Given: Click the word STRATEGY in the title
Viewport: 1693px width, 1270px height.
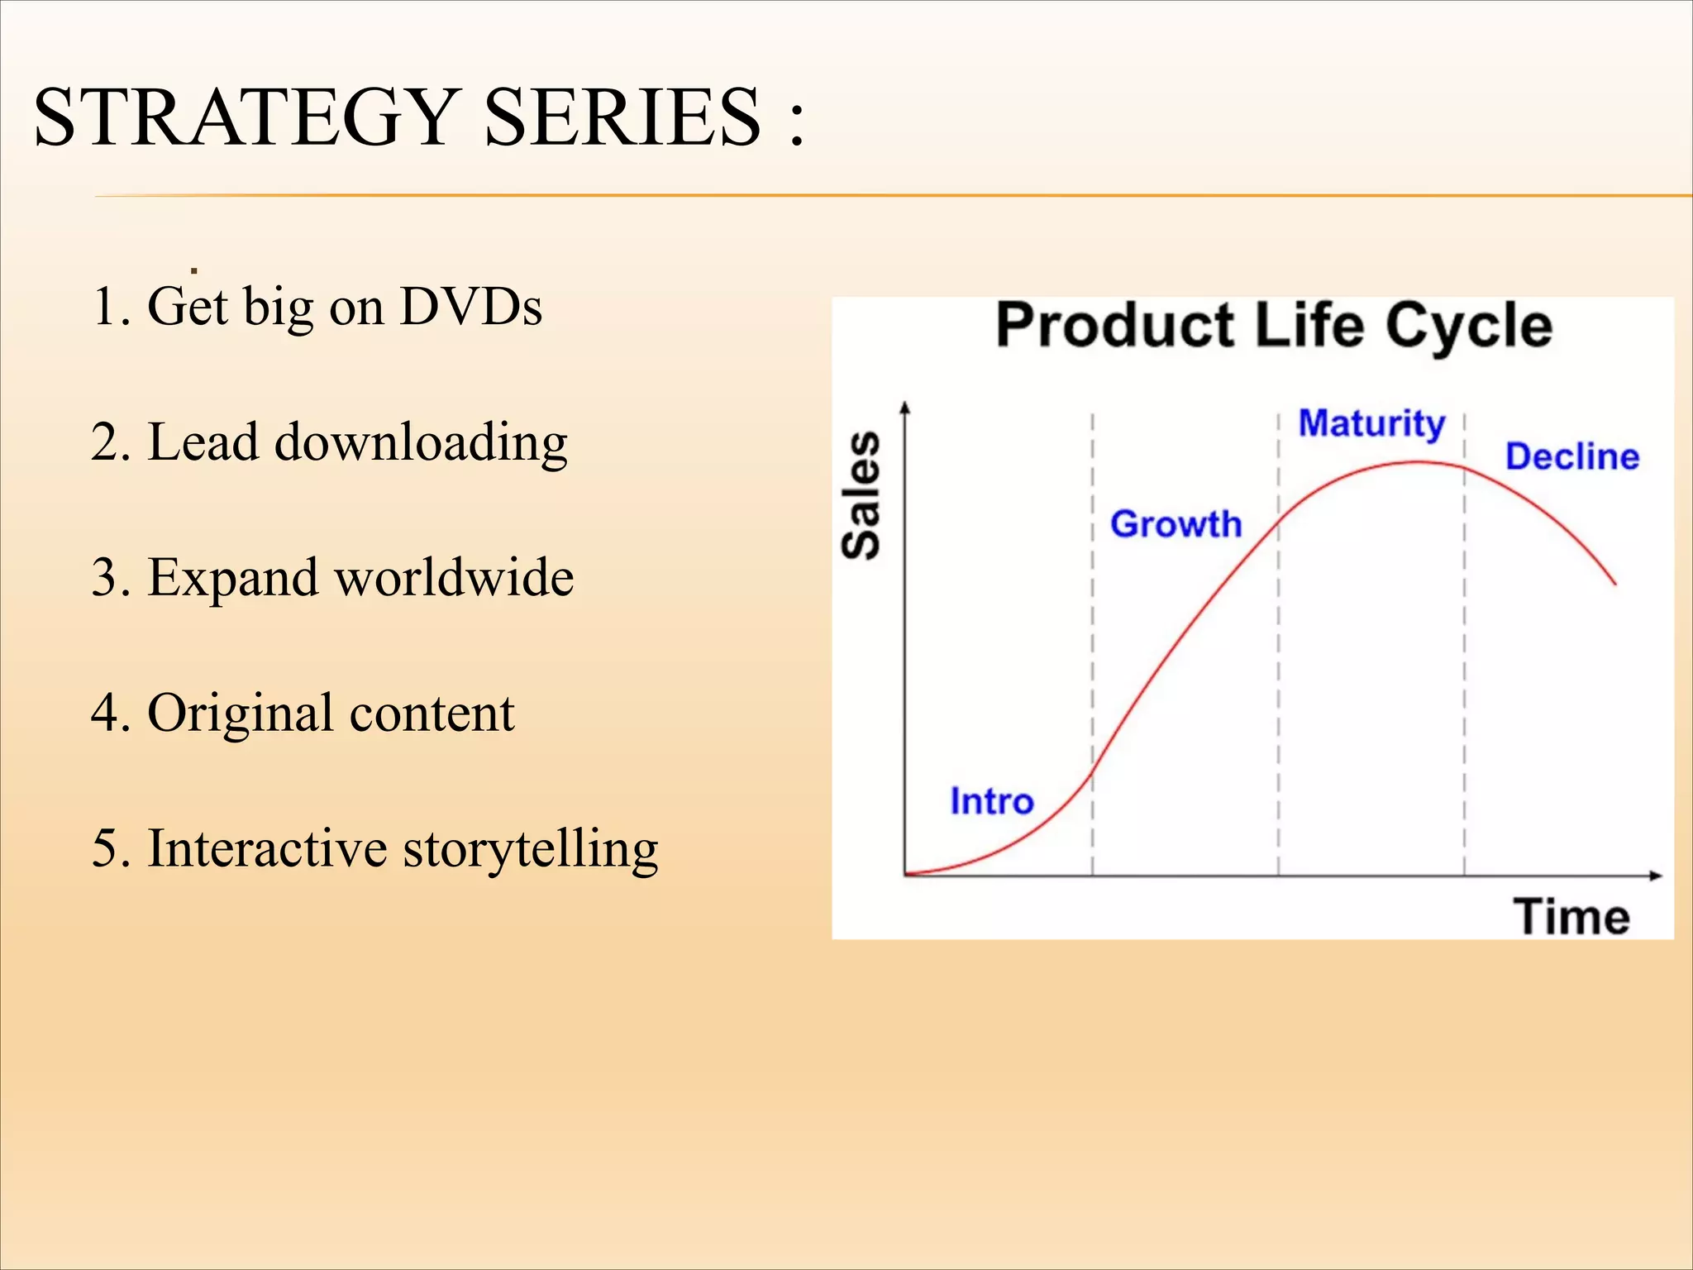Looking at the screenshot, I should point(245,117).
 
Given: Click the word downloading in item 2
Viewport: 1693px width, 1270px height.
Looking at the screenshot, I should point(421,443).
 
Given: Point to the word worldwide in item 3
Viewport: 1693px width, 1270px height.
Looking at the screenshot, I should point(454,577).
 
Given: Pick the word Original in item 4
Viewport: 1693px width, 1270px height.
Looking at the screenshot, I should point(241,714).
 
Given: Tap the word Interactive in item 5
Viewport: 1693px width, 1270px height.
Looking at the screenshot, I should point(267,848).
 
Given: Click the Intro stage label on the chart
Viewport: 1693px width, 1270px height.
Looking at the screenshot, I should point(991,801).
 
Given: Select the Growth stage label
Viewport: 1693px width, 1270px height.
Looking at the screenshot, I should point(1176,524).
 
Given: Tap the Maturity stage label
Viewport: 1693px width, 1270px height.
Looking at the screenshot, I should point(1371,423).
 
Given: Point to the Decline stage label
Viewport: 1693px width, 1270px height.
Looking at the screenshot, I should point(1571,456).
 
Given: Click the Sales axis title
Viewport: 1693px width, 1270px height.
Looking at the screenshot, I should point(861,494).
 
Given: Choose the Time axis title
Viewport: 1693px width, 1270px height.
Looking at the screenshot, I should point(1571,917).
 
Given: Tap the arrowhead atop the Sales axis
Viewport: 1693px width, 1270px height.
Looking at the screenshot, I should point(905,407).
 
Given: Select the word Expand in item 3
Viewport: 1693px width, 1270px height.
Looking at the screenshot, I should point(232,579).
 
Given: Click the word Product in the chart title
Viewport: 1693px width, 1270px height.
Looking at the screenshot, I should point(1114,326).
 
